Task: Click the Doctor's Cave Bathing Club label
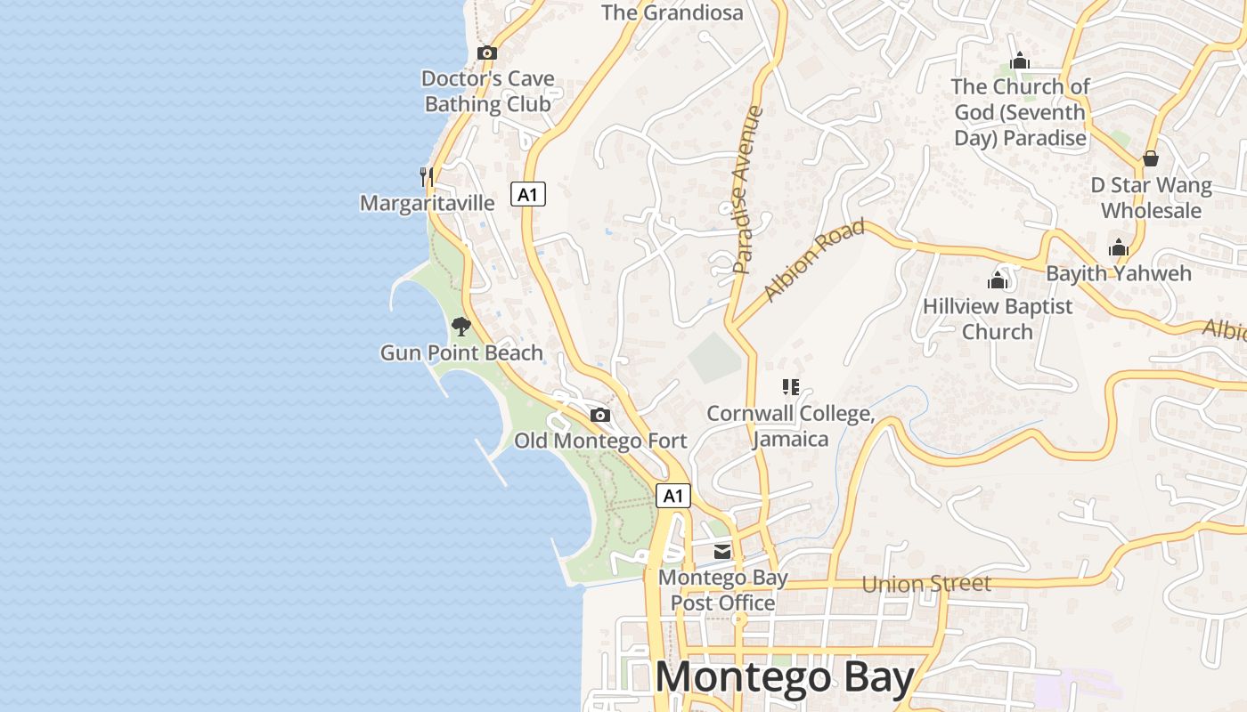487,91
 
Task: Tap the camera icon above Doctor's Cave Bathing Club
486,53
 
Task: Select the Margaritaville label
427,203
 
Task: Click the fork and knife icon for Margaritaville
427,176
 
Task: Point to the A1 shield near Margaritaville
527,194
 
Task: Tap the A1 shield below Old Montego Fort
673,496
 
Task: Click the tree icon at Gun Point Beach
460,327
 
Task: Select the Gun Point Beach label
461,353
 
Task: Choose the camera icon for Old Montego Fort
600,416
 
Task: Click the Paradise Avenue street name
748,190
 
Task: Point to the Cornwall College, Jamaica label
790,426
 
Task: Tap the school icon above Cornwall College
790,387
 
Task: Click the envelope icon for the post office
722,552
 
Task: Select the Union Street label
926,584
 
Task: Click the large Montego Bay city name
785,678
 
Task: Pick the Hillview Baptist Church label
998,319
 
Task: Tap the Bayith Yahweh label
1118,273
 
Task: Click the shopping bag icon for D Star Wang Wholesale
1151,159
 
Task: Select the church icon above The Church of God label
1020,61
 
